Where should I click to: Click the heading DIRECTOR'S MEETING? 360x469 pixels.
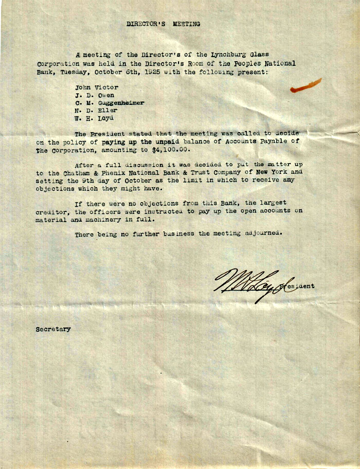coord(163,24)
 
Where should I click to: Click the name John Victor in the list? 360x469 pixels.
coord(97,87)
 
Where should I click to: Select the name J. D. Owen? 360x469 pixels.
coord(95,95)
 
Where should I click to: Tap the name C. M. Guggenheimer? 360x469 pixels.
coord(110,103)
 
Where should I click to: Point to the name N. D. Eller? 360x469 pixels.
coord(96,110)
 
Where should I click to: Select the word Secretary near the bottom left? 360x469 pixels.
coord(53,329)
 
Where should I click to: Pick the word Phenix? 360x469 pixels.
coord(135,173)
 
